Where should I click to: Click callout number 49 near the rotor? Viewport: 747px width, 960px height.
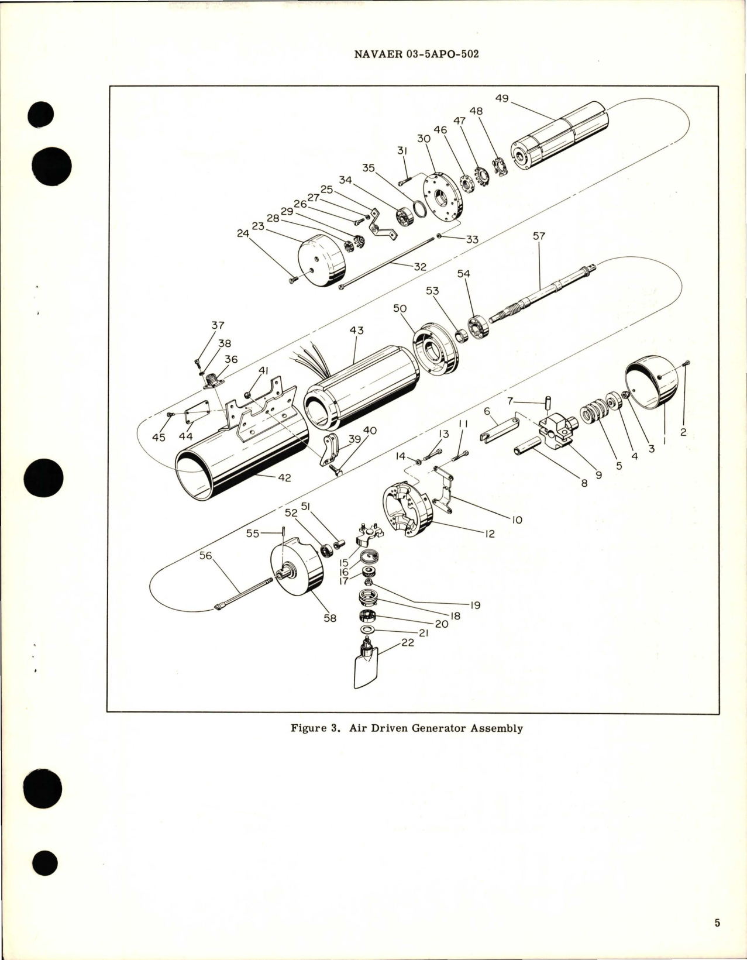[x=502, y=98]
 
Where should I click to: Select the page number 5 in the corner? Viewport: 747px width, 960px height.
[x=717, y=923]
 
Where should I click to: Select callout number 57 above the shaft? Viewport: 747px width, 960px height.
[x=539, y=236]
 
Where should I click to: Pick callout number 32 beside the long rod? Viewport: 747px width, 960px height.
[x=420, y=266]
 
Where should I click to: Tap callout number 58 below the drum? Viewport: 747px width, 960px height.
[x=331, y=617]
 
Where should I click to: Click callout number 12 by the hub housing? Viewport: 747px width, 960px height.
[x=490, y=534]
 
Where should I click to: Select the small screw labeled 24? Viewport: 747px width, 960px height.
[x=293, y=280]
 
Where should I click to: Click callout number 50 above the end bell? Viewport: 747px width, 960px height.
[x=400, y=308]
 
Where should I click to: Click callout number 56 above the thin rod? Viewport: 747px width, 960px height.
[x=205, y=556]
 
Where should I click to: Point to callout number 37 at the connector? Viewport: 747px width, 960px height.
[x=218, y=325]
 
